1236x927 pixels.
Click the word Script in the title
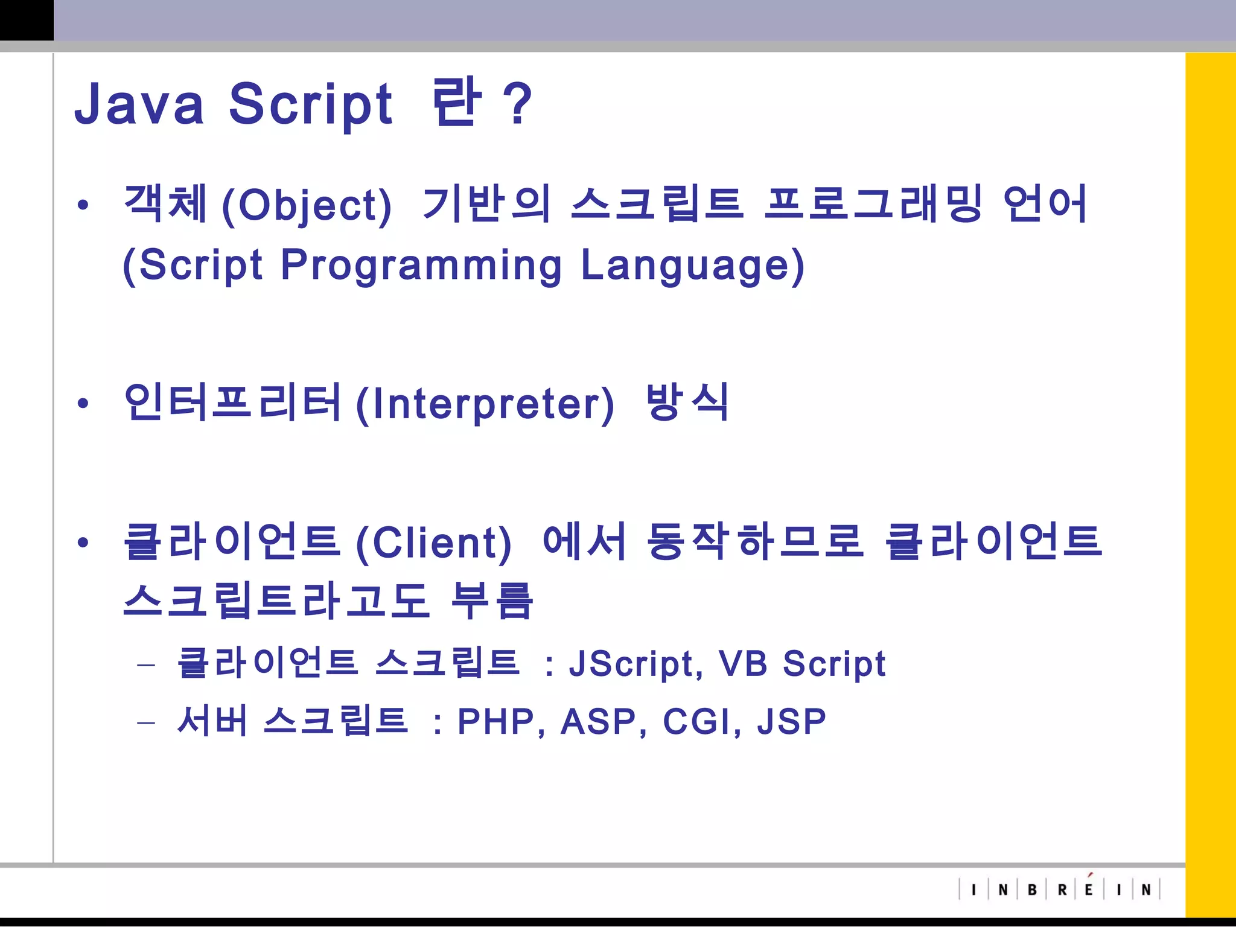point(311,104)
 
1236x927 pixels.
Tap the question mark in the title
point(518,104)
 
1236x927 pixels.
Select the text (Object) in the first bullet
point(307,205)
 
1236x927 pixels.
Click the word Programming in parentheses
point(421,265)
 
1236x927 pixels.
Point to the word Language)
point(692,265)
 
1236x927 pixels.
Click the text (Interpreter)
point(485,404)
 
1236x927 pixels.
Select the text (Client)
point(433,543)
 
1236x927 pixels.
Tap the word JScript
point(636,664)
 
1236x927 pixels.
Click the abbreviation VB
point(743,664)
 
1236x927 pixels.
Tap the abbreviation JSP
point(791,721)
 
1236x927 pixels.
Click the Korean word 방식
point(687,401)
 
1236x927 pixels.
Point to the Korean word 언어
point(1045,203)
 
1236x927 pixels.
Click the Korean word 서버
point(212,721)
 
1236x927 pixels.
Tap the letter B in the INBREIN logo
point(1032,890)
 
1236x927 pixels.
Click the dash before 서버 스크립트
point(146,722)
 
